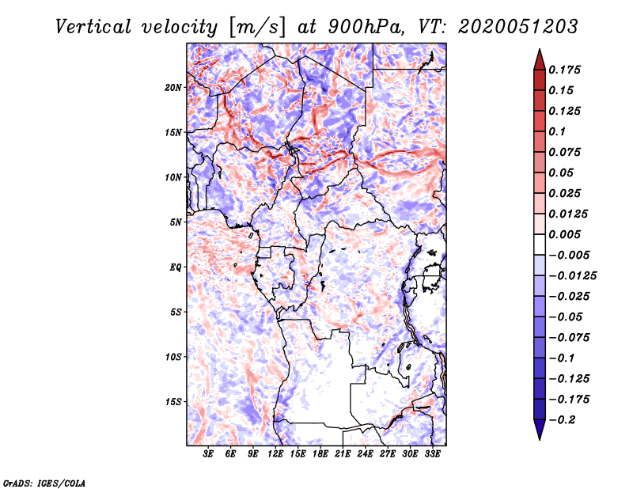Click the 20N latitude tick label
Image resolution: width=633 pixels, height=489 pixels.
coord(174,87)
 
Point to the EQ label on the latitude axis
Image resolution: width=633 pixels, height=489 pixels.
coord(176,267)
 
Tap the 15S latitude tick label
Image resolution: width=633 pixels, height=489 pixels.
coord(174,402)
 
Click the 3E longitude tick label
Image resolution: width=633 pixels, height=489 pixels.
coord(209,454)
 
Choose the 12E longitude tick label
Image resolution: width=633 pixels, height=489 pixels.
coord(276,454)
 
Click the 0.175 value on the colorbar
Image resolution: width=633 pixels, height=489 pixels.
coord(565,70)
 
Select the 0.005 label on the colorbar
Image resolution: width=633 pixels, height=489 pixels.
coord(565,234)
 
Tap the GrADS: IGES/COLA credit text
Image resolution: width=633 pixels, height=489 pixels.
coord(44,482)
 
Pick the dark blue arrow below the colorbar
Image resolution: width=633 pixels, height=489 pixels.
coord(539,433)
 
